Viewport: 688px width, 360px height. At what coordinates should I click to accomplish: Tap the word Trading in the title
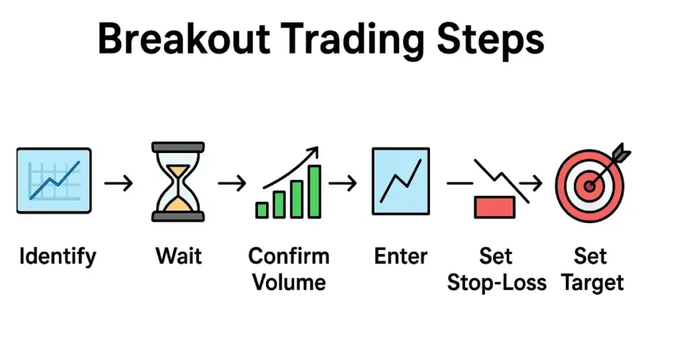(353, 41)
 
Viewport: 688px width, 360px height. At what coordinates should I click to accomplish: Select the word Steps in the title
(490, 41)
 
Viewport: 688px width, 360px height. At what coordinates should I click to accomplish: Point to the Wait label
(179, 256)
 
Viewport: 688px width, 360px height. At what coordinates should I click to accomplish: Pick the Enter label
(400, 256)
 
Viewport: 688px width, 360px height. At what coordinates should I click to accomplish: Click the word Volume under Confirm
(289, 282)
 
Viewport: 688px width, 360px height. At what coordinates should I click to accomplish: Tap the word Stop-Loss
(497, 283)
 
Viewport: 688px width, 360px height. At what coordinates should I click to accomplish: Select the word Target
(593, 283)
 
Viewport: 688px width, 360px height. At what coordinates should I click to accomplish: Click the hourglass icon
(177, 181)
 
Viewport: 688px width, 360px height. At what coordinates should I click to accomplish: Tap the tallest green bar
(314, 191)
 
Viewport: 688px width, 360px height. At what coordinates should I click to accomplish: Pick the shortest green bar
(262, 210)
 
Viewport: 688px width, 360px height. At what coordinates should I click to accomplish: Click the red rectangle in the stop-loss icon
(494, 207)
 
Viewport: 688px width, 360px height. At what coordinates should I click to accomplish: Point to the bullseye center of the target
(590, 186)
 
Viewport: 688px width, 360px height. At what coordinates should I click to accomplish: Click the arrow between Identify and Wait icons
(118, 183)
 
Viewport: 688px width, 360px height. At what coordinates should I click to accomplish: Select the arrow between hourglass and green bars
(232, 183)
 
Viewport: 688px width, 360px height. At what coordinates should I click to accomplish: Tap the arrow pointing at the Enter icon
(343, 183)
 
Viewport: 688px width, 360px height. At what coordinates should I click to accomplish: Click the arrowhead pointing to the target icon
(535, 183)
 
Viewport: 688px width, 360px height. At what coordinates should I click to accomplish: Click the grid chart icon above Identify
(54, 181)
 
